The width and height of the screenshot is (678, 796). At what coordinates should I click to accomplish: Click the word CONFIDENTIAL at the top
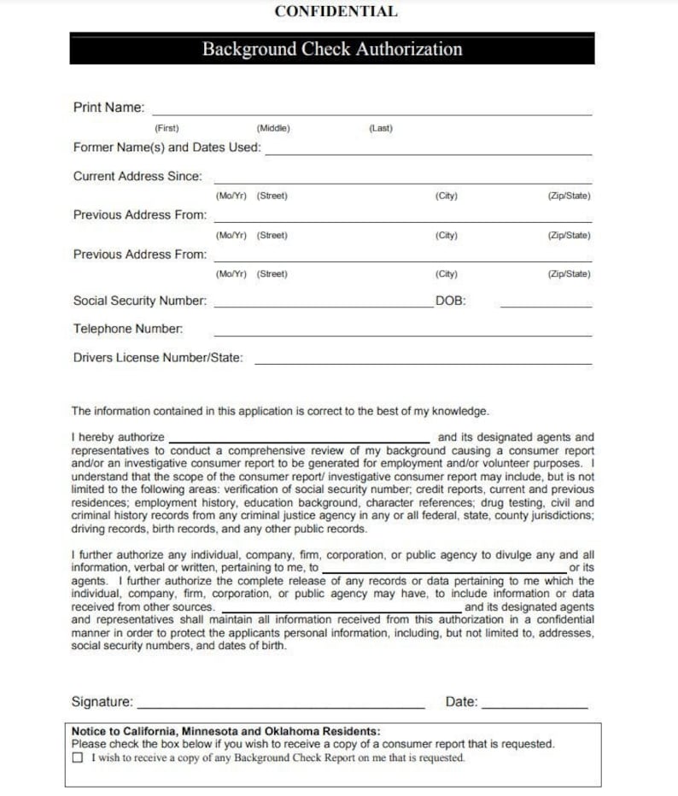point(336,12)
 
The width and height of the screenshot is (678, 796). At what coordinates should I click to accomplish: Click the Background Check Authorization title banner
point(332,50)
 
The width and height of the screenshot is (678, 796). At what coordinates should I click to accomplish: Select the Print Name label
point(108,108)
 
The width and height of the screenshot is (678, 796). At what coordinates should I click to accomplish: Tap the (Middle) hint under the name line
point(273,128)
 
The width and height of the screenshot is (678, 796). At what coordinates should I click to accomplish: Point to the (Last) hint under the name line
point(381,128)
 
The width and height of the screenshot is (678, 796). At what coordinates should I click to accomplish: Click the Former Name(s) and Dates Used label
point(167,148)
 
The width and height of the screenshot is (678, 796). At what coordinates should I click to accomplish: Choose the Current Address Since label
point(137,177)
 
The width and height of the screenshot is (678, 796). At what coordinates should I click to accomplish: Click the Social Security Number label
point(139,301)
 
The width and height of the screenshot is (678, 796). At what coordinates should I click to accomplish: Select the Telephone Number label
point(127,329)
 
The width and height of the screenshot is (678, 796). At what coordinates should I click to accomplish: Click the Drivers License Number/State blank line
point(423,362)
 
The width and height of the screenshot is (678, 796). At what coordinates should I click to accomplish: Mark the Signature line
point(281,706)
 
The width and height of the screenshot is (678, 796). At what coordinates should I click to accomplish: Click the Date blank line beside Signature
point(535,706)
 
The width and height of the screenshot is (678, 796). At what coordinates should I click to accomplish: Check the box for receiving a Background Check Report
point(79,758)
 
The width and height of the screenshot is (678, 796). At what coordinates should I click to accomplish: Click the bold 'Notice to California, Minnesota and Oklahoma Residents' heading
point(226,731)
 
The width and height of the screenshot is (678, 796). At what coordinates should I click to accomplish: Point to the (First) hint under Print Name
point(167,128)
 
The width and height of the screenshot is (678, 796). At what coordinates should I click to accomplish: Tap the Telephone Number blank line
point(401,333)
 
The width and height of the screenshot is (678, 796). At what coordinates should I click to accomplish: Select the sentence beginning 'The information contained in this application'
point(280,412)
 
